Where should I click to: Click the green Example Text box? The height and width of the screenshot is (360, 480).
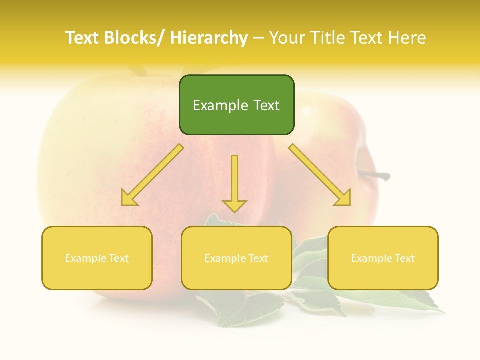[236, 105]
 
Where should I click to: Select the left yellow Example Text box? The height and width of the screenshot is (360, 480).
[97, 258]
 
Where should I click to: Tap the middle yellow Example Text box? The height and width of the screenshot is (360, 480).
[236, 258]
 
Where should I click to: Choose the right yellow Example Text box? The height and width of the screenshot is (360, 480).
[383, 258]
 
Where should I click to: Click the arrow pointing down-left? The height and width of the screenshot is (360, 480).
[152, 175]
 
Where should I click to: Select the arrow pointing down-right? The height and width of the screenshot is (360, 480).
[320, 175]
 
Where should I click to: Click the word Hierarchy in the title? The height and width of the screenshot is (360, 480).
[208, 38]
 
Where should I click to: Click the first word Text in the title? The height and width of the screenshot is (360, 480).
[82, 38]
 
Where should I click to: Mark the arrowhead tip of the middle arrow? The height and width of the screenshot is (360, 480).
[234, 212]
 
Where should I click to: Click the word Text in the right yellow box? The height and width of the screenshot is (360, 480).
[404, 258]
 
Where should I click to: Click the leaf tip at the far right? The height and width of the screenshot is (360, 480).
[443, 311]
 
